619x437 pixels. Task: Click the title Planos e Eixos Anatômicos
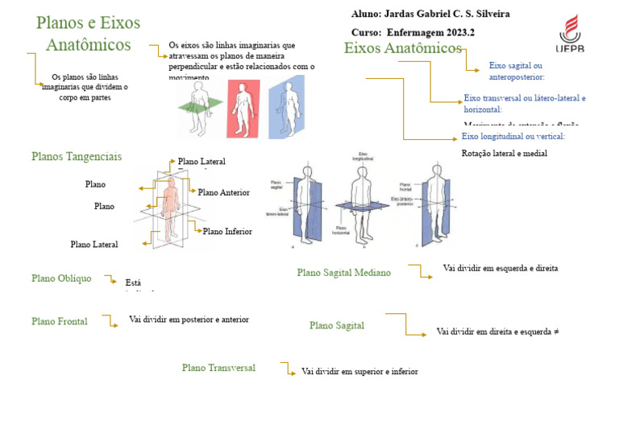tap(89, 33)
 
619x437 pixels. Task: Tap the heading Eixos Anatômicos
tap(402, 48)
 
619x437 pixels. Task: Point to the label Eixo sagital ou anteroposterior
tap(516, 71)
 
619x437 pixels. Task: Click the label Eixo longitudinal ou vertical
tap(513, 136)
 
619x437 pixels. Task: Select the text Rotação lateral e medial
tap(504, 153)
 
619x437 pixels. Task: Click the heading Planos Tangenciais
tap(77, 156)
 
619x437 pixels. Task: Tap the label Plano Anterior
tap(223, 192)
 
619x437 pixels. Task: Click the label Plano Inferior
tap(227, 231)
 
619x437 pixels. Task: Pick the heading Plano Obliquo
tap(61, 278)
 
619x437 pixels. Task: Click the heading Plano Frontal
tap(60, 321)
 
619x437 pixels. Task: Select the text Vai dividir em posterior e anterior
tap(189, 320)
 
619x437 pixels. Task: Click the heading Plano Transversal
tap(218, 368)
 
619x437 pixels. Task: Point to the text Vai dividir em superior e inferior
tap(359, 372)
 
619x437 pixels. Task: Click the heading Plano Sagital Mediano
tap(343, 273)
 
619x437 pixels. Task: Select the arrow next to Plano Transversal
tap(285, 369)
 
